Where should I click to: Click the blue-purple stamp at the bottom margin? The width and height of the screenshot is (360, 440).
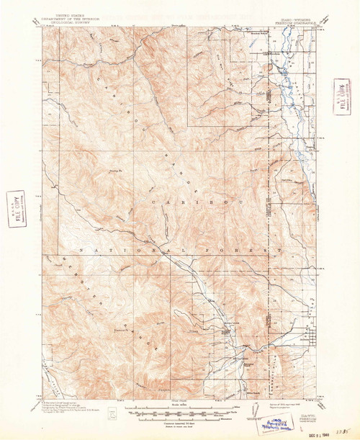point(268,412)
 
